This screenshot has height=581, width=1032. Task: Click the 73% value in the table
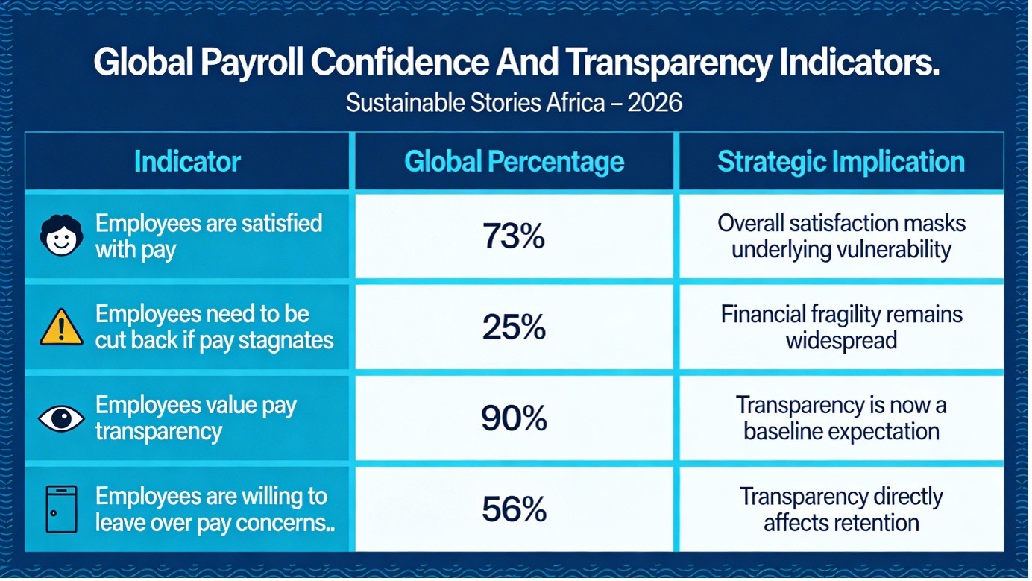(514, 236)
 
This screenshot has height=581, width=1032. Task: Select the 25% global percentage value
(514, 327)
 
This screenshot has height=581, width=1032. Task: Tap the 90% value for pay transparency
(514, 419)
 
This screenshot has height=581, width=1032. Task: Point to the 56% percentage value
(514, 509)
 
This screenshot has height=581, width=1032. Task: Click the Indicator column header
(187, 162)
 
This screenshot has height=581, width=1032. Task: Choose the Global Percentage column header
(514, 162)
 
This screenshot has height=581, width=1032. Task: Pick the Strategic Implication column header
(840, 162)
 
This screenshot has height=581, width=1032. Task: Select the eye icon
(61, 419)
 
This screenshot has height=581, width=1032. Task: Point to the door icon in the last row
(61, 509)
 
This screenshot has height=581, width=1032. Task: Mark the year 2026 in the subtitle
(655, 102)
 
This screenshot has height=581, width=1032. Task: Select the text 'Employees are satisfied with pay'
(208, 236)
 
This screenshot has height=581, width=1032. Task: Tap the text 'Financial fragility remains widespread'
(841, 327)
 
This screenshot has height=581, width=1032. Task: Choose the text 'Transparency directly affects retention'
(841, 509)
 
